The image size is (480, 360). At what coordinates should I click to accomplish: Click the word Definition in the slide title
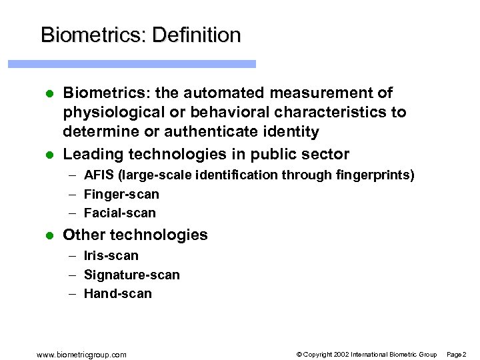point(197,35)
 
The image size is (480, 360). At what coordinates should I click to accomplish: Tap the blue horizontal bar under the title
point(132,64)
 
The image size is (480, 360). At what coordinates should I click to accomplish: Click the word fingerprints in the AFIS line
point(377,175)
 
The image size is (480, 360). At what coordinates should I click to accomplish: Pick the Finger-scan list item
point(121,195)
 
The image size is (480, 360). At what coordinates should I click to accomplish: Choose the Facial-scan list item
point(120,213)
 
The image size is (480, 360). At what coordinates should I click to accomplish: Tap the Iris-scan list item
point(111,256)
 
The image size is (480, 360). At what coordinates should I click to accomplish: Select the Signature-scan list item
point(132,275)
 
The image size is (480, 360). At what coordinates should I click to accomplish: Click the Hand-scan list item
point(118,294)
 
